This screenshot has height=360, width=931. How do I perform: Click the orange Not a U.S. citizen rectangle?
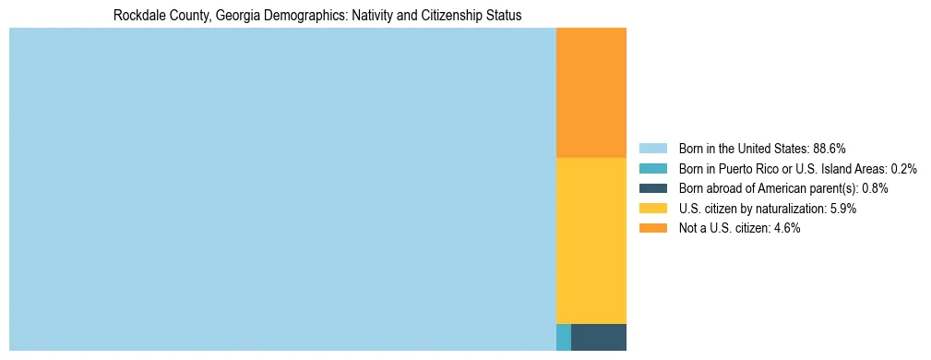coord(591,92)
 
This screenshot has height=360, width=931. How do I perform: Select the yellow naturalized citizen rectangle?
coord(591,240)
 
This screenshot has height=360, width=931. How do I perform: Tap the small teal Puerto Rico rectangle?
coord(564,337)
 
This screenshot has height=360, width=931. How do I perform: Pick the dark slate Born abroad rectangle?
coord(598,337)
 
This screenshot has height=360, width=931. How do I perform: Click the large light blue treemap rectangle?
coord(281,189)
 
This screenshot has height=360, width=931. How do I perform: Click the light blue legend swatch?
coord(652,149)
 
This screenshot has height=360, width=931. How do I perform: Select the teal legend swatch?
coord(652,169)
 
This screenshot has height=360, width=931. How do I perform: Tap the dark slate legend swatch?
coord(652,188)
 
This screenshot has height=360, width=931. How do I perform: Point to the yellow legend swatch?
coord(652,209)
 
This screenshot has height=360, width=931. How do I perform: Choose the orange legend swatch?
coord(652,228)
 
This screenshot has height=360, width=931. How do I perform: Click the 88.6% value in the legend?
coord(830,149)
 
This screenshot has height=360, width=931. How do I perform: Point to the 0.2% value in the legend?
coord(904,169)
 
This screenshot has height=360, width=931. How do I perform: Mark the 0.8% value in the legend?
coord(876,188)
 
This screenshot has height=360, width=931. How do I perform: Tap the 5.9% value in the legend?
coord(843,209)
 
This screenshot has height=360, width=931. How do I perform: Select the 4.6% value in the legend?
coord(787,228)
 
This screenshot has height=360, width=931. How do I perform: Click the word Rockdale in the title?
coord(137,17)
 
